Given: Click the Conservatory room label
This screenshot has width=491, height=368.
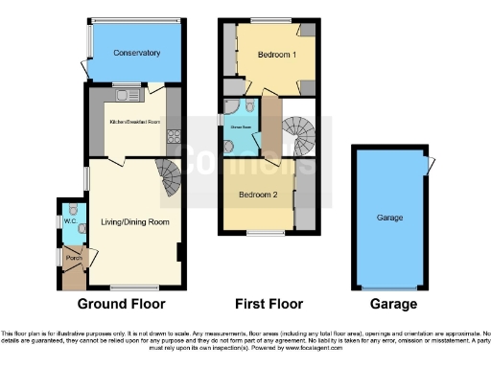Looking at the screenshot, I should click(x=135, y=53).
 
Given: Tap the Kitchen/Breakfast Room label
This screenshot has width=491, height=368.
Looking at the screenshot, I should click(x=135, y=123).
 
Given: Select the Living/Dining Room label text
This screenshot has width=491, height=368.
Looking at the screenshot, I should click(x=135, y=222).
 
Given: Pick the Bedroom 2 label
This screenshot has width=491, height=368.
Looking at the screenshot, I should click(x=258, y=195).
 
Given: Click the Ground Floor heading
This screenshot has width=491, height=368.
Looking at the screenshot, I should click(x=121, y=304).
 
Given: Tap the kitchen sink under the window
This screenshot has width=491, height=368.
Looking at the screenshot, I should click(x=123, y=93).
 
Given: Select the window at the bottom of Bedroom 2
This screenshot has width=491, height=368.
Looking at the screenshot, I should click(x=259, y=232).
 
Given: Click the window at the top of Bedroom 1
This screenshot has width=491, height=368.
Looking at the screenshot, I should click(x=270, y=20).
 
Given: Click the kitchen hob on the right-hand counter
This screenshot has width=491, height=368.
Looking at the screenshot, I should click(x=174, y=142).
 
